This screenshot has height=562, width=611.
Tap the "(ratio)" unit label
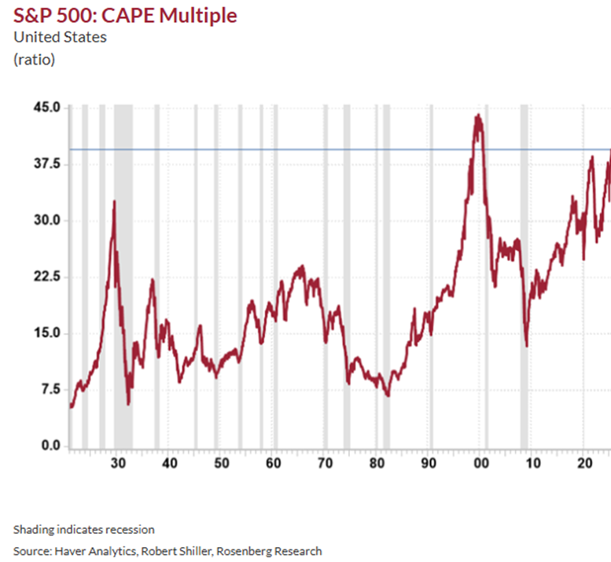35,59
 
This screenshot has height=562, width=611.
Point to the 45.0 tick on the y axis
46,107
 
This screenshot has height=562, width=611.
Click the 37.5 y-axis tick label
46,163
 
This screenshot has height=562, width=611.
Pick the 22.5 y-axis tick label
46,277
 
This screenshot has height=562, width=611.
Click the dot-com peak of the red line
478,116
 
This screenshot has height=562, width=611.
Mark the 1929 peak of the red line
114,201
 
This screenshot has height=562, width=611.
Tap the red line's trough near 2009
526,346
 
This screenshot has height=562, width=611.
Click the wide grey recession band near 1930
123,275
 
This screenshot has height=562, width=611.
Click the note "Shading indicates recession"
84,529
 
